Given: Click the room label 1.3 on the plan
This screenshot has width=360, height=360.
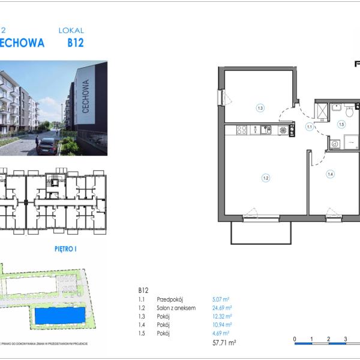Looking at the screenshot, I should pyautogui.click(x=260, y=109).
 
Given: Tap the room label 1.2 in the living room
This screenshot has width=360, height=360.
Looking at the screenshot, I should pyautogui.click(x=265, y=177).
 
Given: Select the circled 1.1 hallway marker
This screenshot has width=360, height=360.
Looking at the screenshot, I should pyautogui.click(x=310, y=127).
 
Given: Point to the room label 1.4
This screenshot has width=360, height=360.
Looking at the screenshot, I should pyautogui.click(x=330, y=175).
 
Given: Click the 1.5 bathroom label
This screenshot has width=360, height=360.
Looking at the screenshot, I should pyautogui.click(x=341, y=125).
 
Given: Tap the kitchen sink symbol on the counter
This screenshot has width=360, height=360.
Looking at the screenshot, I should pyautogui.click(x=265, y=129).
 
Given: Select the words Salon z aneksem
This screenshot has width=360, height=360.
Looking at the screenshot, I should pyautogui.click(x=176, y=307).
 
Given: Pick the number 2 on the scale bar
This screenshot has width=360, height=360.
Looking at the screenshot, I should pyautogui.click(x=328, y=339).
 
